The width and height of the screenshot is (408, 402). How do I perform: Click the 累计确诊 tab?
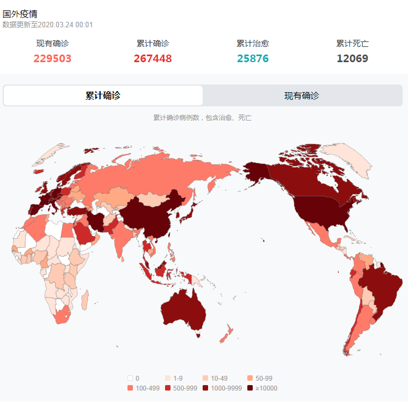click(x=103, y=95)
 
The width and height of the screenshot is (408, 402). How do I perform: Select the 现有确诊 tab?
click(x=302, y=95)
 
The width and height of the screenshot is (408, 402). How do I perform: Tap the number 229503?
click(x=52, y=58)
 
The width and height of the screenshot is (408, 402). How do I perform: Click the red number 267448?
click(x=153, y=58)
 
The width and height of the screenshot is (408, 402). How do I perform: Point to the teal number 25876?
click(x=253, y=58)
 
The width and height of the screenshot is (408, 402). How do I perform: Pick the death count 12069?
click(x=352, y=58)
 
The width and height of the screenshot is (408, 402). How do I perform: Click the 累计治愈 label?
click(x=253, y=44)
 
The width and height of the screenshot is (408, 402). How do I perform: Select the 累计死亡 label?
click(x=352, y=44)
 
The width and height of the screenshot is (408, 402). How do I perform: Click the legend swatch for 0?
click(x=130, y=378)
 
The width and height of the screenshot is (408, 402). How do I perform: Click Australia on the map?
click(x=184, y=308)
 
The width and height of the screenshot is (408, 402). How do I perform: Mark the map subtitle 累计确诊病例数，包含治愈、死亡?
click(x=202, y=118)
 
